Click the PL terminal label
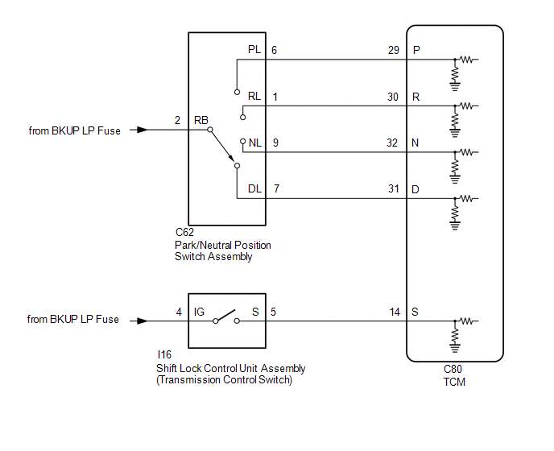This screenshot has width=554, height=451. [254, 49]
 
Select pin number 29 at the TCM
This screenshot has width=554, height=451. [393, 50]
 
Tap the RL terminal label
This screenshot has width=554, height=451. [254, 96]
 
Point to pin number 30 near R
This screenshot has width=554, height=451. [393, 97]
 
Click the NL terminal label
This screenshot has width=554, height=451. [255, 143]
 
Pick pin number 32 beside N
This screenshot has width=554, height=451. [392, 143]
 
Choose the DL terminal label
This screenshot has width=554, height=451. [254, 188]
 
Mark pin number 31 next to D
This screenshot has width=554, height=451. [394, 188]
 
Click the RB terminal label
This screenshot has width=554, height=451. [201, 120]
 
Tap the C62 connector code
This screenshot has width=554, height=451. [184, 232]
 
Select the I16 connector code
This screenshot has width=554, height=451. [164, 354]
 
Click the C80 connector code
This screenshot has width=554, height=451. [453, 369]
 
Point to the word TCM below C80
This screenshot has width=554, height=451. [454, 382]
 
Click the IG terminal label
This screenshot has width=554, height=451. [199, 312]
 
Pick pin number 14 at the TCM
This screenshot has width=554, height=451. [395, 312]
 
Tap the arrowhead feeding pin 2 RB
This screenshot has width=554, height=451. [143, 130]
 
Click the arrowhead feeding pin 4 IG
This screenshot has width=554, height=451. [143, 321]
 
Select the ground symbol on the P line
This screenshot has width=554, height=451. [455, 87]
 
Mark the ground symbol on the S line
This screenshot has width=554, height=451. [455, 348]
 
